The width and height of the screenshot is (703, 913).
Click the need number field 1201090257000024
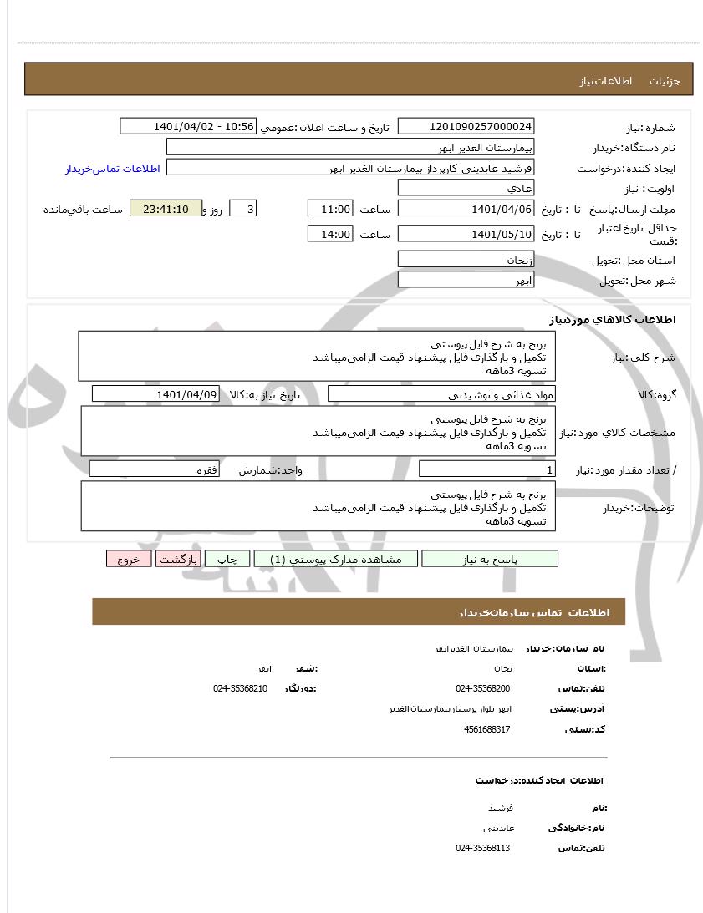(x=466, y=126)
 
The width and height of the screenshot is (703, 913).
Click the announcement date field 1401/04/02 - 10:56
(x=187, y=126)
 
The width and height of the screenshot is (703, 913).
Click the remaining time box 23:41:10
(x=166, y=209)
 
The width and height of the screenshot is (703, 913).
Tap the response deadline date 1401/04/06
(x=466, y=209)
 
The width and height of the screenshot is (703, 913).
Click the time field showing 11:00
(x=330, y=209)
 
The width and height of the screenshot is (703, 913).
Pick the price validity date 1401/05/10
(x=466, y=234)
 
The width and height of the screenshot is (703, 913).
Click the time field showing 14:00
(x=330, y=234)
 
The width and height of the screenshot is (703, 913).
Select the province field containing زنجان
(x=466, y=260)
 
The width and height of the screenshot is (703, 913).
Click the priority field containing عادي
(x=466, y=188)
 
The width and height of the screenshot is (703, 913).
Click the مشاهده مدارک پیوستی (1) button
(x=334, y=559)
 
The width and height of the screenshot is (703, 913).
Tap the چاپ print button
(x=227, y=559)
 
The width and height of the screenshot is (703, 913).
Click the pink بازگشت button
(x=178, y=559)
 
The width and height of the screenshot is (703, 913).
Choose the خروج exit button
(x=128, y=559)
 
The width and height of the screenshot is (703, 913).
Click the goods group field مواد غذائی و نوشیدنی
(x=442, y=393)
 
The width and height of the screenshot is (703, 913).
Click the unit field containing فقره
(x=155, y=469)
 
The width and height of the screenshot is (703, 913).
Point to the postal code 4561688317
(x=486, y=729)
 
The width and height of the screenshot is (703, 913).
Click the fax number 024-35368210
(x=240, y=688)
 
